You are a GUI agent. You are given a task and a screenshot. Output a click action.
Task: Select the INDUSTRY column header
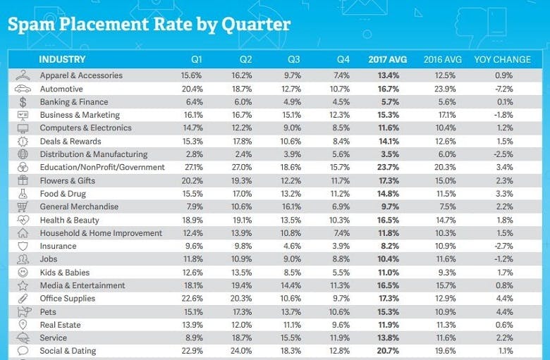point(62,60)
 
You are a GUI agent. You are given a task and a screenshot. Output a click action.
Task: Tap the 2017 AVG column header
point(388,60)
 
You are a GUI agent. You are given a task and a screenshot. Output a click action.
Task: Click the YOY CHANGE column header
point(503,60)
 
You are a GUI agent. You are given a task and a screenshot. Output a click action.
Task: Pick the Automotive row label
point(61,89)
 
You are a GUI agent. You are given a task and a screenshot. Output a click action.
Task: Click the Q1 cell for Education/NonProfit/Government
point(192,168)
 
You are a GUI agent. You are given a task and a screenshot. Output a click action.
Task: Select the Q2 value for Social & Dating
point(242,350)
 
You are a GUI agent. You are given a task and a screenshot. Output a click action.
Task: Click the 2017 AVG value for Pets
point(389,312)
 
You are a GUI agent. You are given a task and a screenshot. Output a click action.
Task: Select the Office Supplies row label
point(68,299)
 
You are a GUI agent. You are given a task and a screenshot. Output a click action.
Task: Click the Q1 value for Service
point(192,338)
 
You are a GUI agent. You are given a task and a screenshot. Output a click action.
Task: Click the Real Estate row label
point(60,325)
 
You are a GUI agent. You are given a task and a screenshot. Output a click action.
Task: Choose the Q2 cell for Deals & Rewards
point(242,142)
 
